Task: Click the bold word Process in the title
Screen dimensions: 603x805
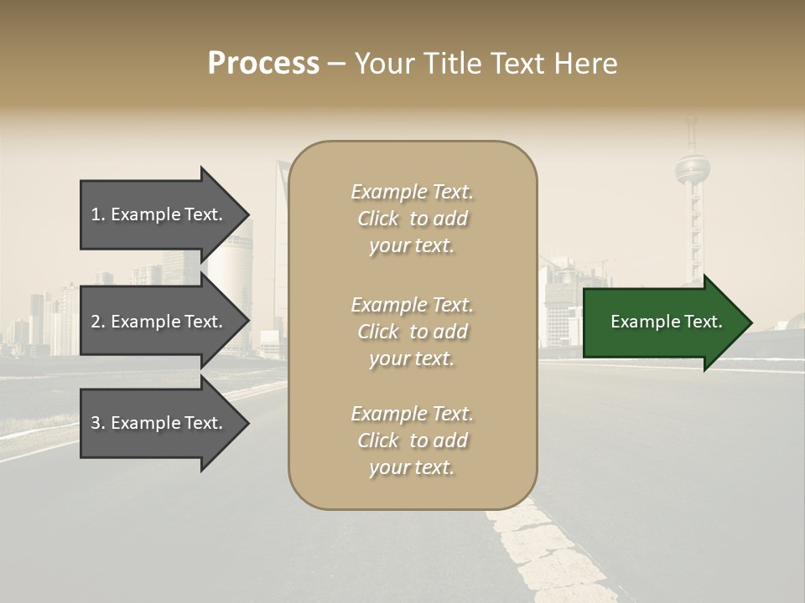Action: coord(263,64)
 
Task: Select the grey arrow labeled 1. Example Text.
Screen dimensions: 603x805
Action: coord(159,214)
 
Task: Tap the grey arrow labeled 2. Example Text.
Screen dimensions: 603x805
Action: coord(159,322)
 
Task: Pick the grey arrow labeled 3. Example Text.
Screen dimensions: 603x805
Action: coord(159,423)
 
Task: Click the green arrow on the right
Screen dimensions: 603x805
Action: coord(662,322)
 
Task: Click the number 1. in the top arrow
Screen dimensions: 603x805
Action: coord(98,214)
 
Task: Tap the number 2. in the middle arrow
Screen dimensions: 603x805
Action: coord(98,322)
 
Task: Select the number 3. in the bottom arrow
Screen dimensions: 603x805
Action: coord(98,423)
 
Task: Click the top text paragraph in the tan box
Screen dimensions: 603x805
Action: coord(412,219)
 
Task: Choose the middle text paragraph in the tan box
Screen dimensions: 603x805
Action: coord(412,332)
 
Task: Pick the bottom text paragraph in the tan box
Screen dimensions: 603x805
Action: coord(412,441)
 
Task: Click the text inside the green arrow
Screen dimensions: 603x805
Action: coord(666,322)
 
